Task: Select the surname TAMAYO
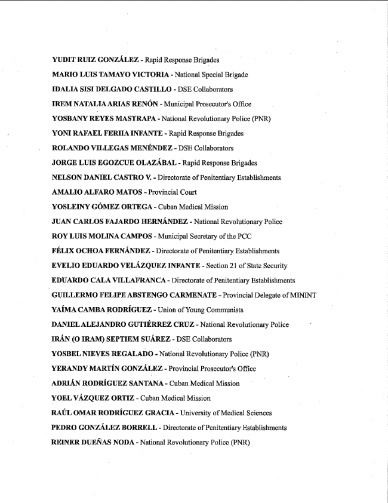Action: [x=113, y=75]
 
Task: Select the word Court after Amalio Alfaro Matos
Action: [x=187, y=192]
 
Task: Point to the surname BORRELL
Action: [x=142, y=428]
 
